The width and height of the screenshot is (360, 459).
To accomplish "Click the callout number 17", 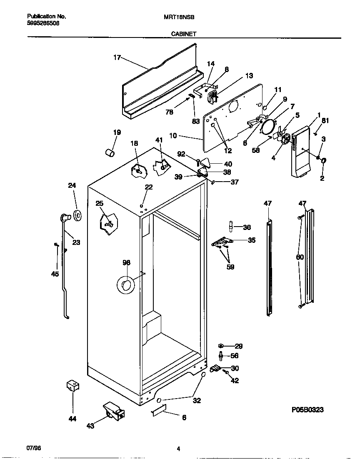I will [117, 57].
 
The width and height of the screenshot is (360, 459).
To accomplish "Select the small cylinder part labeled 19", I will [110, 153].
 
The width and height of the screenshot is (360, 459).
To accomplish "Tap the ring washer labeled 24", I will [77, 215].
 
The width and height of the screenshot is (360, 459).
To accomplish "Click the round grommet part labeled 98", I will [125, 286].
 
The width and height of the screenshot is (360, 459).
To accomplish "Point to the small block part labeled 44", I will [72, 386].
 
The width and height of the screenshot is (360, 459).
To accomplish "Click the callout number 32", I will [197, 400].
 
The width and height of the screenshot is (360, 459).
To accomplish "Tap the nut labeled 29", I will [221, 346].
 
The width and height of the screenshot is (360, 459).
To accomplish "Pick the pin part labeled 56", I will [221, 355].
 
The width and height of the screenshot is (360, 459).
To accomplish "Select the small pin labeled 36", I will [230, 226].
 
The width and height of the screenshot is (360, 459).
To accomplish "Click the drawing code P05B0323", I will [307, 410].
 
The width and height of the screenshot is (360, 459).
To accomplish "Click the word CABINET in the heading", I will [184, 35].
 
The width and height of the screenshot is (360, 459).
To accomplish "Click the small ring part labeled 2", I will [324, 161].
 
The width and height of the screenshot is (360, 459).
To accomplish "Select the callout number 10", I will [173, 135].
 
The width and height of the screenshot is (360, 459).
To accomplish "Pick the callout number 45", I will [55, 274].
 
